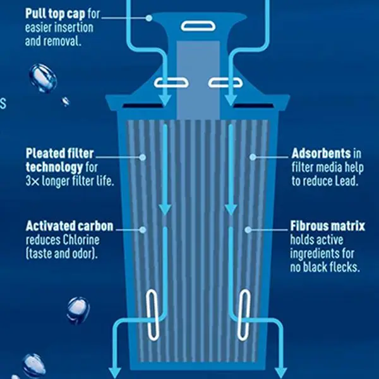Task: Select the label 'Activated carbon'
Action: click(x=69, y=227)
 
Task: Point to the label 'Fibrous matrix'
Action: click(x=328, y=227)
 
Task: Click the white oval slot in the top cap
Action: click(x=191, y=25)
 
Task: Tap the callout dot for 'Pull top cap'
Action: click(x=149, y=18)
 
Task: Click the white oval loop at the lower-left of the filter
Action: click(x=152, y=313)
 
